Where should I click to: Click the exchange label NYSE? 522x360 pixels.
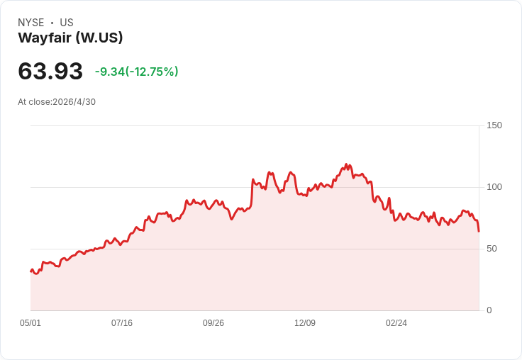point(31,23)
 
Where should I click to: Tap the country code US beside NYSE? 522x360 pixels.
point(67,23)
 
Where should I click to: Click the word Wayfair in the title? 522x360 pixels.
point(45,38)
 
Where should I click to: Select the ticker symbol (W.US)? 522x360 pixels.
point(99,38)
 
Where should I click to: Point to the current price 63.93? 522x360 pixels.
point(50,71)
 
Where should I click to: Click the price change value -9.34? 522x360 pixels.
point(109,72)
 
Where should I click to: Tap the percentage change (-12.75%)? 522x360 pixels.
point(152,72)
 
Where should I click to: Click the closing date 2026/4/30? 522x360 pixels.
point(74,102)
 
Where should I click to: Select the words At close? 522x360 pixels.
point(34,102)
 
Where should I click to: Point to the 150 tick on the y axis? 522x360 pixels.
point(494,125)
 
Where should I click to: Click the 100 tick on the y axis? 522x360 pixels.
point(494,187)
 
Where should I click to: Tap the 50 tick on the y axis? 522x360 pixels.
point(492,249)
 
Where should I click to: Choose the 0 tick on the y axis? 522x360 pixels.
point(489,310)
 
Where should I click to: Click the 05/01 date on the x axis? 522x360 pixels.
point(30,323)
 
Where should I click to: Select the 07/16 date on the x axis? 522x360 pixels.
point(122,323)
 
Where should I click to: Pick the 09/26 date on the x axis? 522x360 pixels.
point(213,323)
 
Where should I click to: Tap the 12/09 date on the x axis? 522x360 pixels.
point(305,323)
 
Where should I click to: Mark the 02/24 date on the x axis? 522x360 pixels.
point(396,323)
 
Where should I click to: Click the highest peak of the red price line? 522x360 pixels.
point(346,164)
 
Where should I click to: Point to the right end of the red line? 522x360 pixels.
point(479,231)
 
